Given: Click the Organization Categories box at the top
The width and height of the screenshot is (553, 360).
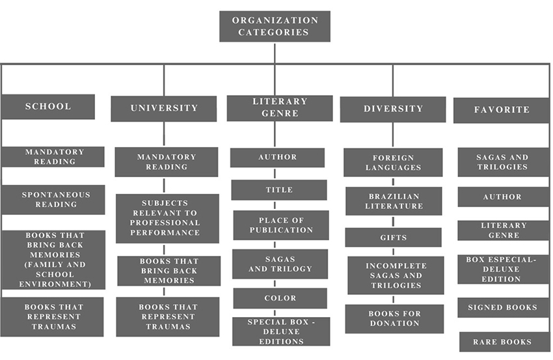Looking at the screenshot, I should click(275, 26).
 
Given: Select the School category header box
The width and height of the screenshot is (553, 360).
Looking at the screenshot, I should click(47, 107).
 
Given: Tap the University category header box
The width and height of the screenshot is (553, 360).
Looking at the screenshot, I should click(163, 109).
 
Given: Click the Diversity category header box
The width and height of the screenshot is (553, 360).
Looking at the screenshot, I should click(392, 109).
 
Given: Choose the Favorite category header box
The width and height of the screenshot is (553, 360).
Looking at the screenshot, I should click(501, 110).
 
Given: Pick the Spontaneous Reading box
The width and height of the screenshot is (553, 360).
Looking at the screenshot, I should click(53, 200).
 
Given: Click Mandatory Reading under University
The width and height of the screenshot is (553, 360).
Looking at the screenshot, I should click(166, 162).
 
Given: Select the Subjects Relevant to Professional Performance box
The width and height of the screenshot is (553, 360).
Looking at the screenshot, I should click(167, 218).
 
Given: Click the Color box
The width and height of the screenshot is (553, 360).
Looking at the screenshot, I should click(280, 298).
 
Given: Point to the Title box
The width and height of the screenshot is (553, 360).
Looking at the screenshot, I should click(279, 190).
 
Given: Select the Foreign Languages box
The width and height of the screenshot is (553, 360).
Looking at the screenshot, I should click(393, 163).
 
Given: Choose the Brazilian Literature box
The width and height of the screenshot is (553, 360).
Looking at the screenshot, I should click(394, 201).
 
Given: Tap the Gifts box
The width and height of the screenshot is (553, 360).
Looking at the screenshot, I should click(393, 238).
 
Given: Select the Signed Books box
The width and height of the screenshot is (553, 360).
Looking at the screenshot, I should click(502, 307).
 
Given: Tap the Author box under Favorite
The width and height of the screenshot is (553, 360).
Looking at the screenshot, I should click(502, 197).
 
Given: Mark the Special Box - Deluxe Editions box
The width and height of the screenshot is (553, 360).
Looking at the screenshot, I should click(280, 331).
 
